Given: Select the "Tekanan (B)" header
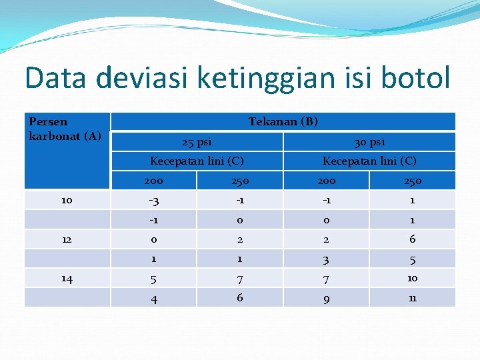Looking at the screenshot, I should point(283,121).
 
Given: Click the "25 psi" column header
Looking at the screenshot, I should point(197,141).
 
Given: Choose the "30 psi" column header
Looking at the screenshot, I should point(369,141).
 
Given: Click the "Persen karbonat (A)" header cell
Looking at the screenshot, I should point(65,129).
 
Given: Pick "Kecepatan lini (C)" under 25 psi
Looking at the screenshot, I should point(197,161).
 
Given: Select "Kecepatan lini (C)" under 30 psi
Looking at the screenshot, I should point(369,161).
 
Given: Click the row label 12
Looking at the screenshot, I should point(67,239).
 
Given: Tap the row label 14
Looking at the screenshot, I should point(67,279).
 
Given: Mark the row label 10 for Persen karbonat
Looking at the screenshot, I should point(67,200).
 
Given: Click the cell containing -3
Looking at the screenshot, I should point(153,200).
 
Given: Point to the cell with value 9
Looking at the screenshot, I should point(326,299).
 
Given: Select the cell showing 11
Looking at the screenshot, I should point(412,298).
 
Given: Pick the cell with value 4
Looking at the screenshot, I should point(153,299).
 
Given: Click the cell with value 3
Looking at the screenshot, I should point(326,259).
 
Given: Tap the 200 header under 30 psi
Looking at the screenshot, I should point(326,181).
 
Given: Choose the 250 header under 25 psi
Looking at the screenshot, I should point(239,181).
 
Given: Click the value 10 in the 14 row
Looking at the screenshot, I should point(412,278).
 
